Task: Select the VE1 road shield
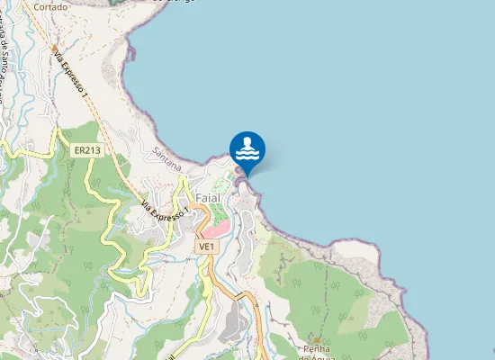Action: pyautogui.click(x=206, y=246)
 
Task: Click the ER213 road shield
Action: pyautogui.click(x=86, y=150)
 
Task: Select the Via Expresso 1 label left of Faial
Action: pyautogui.click(x=165, y=208)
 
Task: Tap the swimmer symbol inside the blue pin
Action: pyautogui.click(x=247, y=148)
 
